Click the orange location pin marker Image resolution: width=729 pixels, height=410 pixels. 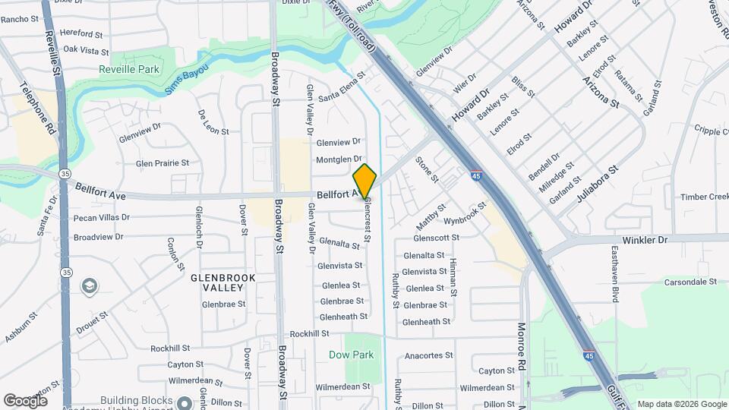pyautogui.click(x=364, y=181)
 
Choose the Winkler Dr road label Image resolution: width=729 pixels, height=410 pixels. pyautogui.click(x=644, y=240)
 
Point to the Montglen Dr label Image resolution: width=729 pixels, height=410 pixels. pyautogui.click(x=339, y=159)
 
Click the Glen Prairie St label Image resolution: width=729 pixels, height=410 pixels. pyautogui.click(x=162, y=163)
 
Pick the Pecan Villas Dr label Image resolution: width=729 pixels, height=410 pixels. pyautogui.click(x=103, y=217)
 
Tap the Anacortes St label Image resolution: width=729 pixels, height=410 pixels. pyautogui.click(x=428, y=355)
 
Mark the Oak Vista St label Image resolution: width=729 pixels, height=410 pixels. pyautogui.click(x=86, y=50)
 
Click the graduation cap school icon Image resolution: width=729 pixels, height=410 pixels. pyautogui.click(x=90, y=286)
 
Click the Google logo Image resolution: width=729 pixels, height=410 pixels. pyautogui.click(x=25, y=400)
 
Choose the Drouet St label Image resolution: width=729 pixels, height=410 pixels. pyautogui.click(x=92, y=322)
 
